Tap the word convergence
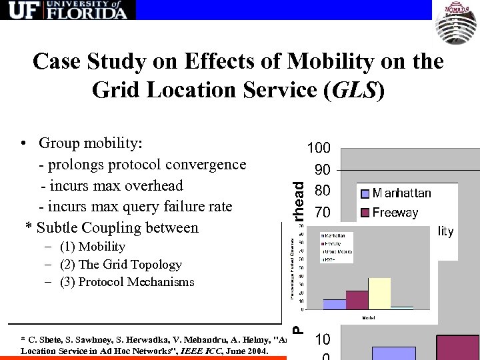coord(207,164)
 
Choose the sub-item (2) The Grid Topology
coord(120,264)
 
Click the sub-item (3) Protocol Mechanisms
coord(127,281)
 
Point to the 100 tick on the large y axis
coord(318,148)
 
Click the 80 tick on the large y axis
coord(323,191)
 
